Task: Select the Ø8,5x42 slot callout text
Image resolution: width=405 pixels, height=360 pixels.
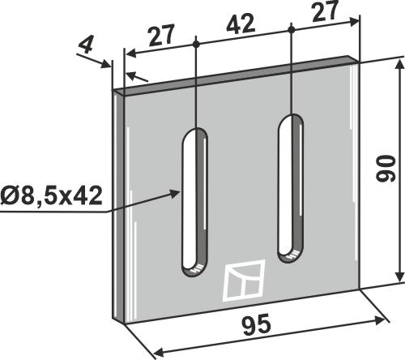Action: point(54,195)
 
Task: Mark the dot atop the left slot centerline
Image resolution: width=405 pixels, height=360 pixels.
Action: point(196,39)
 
